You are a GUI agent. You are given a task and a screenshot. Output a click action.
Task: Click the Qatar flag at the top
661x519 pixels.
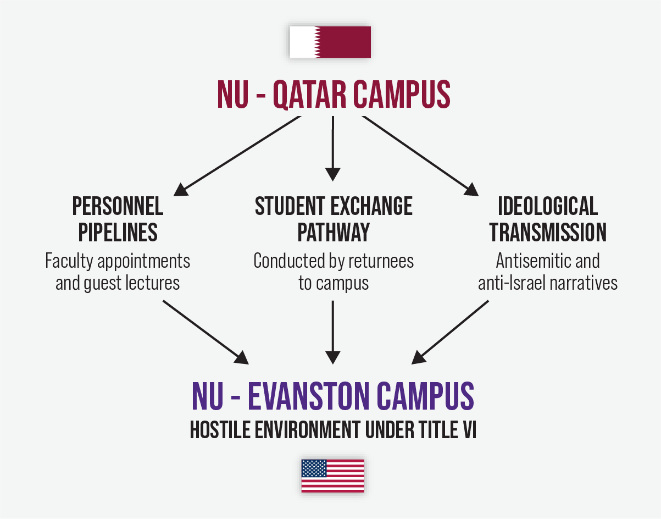[x=330, y=42]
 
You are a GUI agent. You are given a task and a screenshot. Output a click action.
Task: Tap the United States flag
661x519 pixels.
[x=332, y=476]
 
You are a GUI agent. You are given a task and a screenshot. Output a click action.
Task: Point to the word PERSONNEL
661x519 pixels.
[x=118, y=207]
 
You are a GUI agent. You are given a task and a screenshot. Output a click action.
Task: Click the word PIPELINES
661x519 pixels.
[x=118, y=233]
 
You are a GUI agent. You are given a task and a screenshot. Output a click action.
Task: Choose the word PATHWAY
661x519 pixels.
[x=334, y=233]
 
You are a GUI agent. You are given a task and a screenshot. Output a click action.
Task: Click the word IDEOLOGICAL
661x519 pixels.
[x=548, y=207]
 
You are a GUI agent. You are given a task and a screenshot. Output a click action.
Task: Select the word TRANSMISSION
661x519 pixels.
[x=548, y=233]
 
